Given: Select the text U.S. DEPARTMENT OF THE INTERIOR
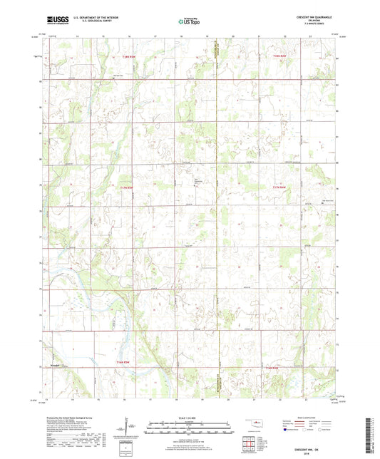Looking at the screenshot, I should [96, 19].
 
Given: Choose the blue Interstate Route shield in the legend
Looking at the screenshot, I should [287, 430].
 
